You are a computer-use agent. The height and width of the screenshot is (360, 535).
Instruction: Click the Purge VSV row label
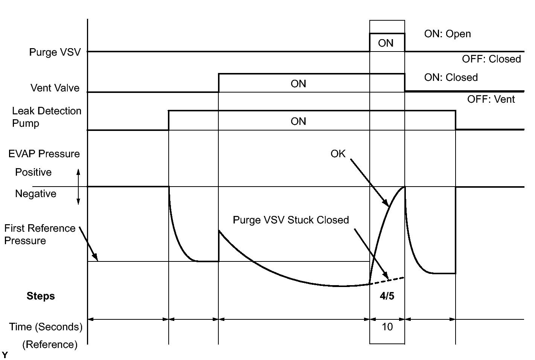click(55, 52)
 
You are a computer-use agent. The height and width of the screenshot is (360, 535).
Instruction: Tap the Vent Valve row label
click(55, 88)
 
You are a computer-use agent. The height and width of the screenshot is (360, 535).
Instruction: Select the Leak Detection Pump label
click(46, 117)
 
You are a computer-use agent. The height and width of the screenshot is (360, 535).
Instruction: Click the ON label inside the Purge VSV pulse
click(386, 43)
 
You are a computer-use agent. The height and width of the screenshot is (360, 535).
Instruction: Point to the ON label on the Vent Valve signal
click(298, 84)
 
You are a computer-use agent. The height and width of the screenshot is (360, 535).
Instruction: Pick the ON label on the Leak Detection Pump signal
click(298, 122)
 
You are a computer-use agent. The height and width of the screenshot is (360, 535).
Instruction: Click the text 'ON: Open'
click(447, 34)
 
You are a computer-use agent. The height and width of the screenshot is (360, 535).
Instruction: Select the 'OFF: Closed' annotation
click(491, 59)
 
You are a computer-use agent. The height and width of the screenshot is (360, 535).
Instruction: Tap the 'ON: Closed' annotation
click(451, 77)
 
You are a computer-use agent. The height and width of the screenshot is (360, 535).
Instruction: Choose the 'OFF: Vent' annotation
click(491, 99)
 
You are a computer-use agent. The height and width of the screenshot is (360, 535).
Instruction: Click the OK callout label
click(338, 153)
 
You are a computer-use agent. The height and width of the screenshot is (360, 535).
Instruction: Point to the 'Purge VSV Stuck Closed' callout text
click(291, 220)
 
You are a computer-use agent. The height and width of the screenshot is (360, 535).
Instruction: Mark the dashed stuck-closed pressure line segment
click(388, 280)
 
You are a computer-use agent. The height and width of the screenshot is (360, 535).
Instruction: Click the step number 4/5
click(387, 296)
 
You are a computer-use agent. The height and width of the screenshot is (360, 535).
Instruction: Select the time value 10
click(387, 327)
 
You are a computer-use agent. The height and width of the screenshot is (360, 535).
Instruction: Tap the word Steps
click(41, 296)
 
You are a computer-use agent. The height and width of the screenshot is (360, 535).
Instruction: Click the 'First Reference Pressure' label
click(40, 234)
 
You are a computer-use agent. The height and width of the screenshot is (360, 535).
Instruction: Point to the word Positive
click(33, 172)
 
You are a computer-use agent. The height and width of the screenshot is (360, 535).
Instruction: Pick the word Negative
click(35, 194)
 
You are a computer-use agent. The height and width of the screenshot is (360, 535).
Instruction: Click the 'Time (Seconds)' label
click(46, 327)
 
